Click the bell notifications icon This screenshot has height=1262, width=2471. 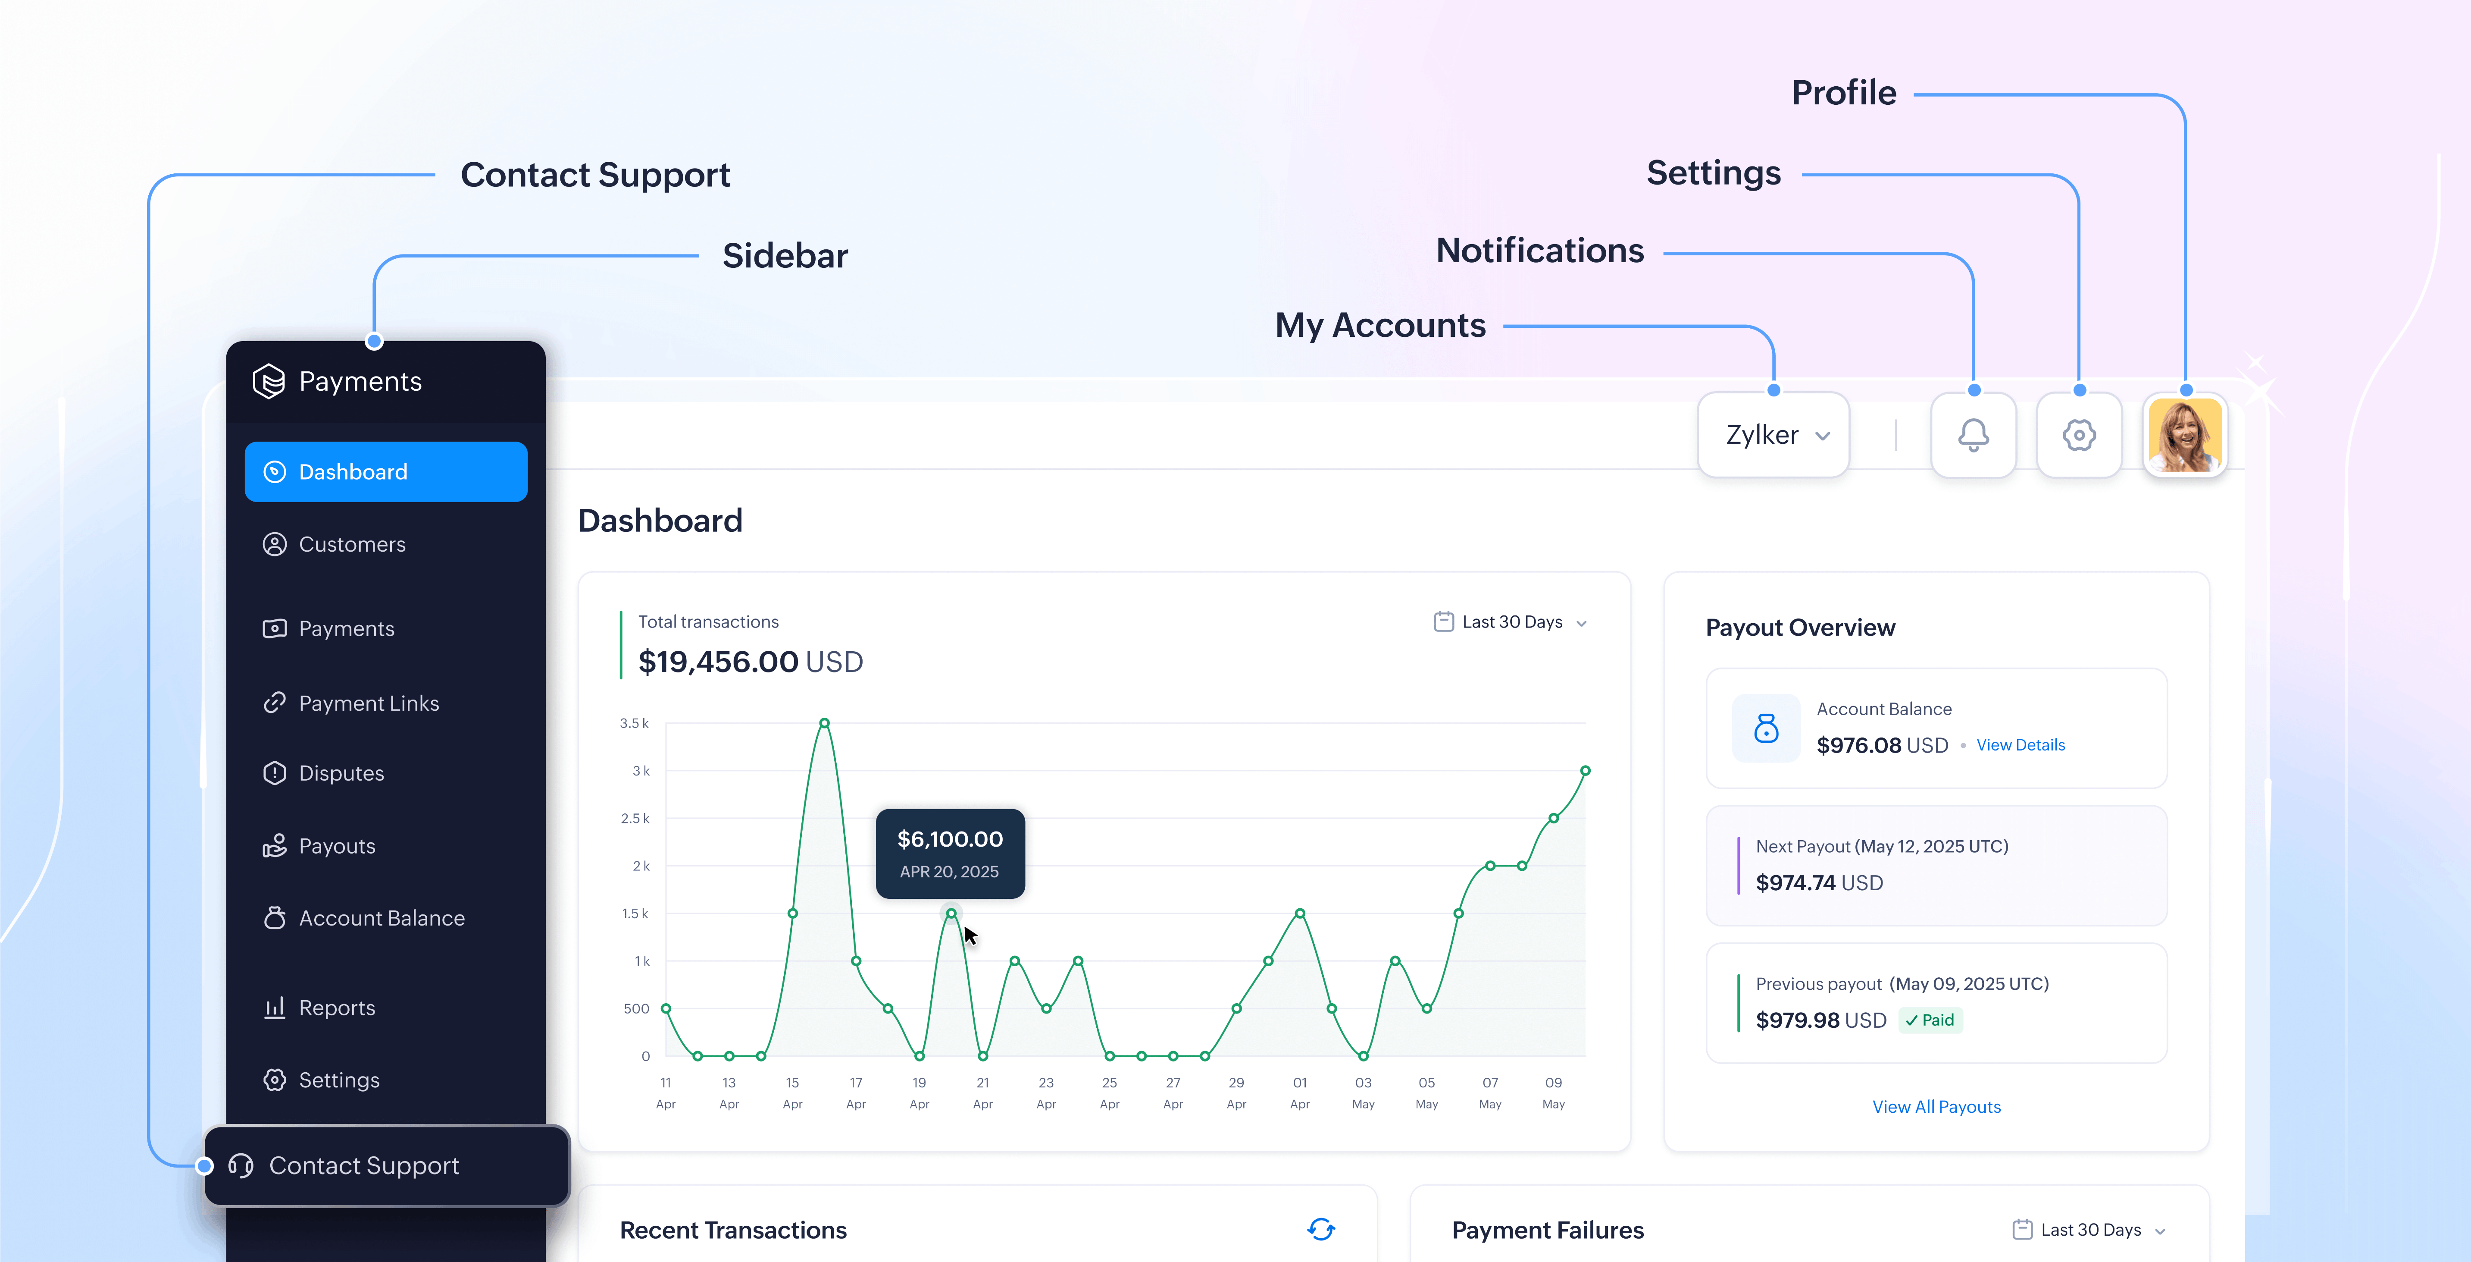[x=1973, y=435]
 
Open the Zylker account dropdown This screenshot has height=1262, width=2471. [x=1773, y=435]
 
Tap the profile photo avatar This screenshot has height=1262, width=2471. [x=2185, y=435]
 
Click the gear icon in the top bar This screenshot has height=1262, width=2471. [x=2079, y=435]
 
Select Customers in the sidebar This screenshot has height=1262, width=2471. [x=352, y=544]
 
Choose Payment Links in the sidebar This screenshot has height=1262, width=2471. [x=368, y=703]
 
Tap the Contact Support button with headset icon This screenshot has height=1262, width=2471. [x=363, y=1165]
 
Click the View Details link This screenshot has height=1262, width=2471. [x=2020, y=745]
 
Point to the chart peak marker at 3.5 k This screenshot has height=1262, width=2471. [x=824, y=722]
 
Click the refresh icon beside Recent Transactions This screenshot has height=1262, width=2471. [x=1321, y=1229]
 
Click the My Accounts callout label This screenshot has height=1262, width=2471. [x=1379, y=325]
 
